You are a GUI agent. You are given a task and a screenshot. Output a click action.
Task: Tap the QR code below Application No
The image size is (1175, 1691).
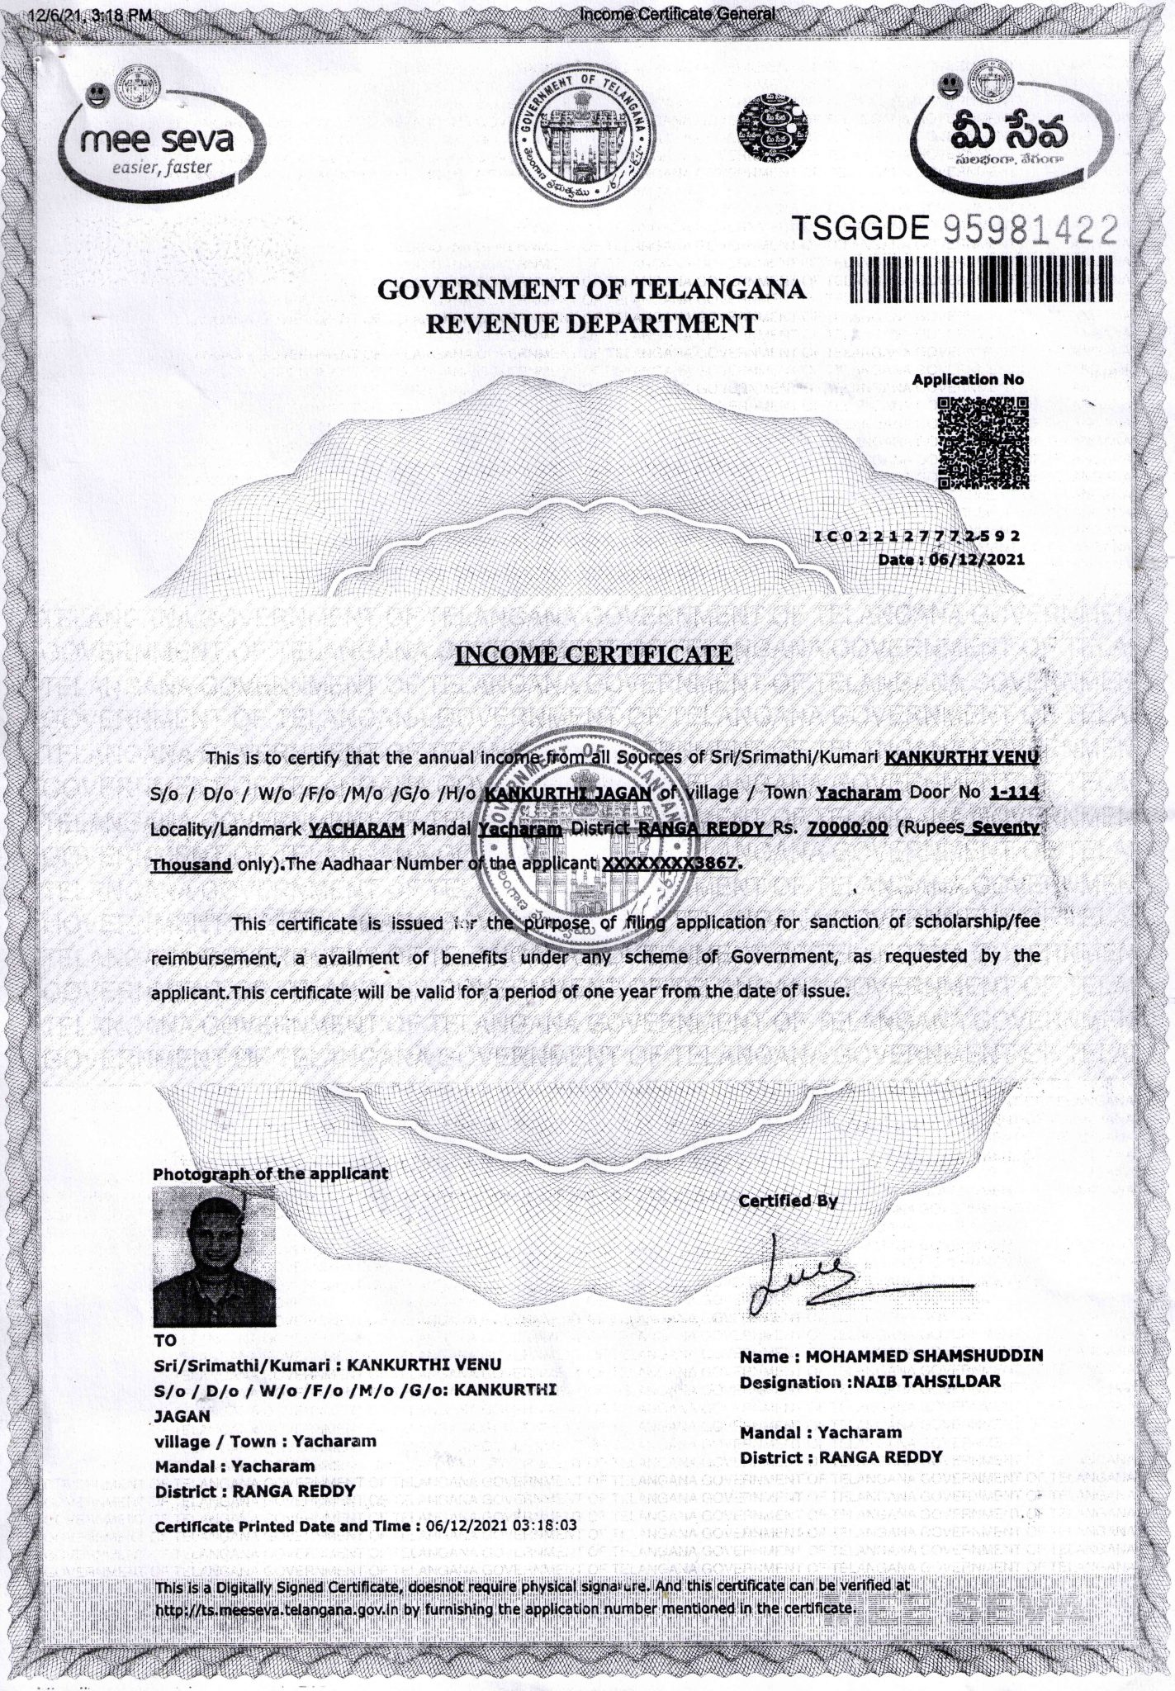[982, 443]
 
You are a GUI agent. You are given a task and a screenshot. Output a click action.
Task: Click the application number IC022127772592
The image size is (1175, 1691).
[917, 536]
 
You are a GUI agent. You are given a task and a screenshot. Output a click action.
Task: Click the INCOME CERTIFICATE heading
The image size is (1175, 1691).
[594, 655]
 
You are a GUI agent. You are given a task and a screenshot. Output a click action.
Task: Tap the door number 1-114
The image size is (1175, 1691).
[1012, 793]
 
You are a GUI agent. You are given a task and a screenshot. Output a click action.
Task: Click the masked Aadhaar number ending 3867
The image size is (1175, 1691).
[672, 864]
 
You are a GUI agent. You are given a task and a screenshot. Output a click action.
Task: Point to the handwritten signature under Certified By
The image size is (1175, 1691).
[826, 1278]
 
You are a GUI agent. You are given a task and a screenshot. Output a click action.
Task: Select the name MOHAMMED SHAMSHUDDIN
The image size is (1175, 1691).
[924, 1356]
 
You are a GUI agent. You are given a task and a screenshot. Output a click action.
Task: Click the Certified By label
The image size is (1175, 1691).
[788, 1201]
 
